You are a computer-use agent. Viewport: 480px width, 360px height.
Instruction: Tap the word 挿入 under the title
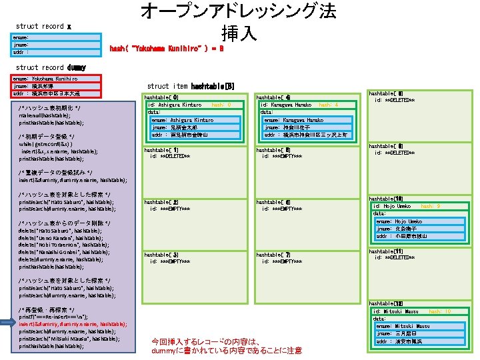coord(239,33)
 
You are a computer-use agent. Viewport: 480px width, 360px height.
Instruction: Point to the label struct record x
coord(43,26)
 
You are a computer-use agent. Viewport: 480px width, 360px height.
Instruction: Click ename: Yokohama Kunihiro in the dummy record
coord(45,78)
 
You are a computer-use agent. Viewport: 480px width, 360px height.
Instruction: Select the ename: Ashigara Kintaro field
coord(183,120)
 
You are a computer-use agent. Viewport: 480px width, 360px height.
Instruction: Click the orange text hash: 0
coord(221,105)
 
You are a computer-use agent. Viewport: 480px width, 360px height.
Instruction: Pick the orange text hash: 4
coord(329,105)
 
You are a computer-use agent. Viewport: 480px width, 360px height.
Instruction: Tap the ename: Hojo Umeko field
coord(399,221)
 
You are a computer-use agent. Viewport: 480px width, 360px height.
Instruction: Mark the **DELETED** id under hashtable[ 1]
coord(170,156)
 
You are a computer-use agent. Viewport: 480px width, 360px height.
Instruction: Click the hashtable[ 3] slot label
coord(162,255)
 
